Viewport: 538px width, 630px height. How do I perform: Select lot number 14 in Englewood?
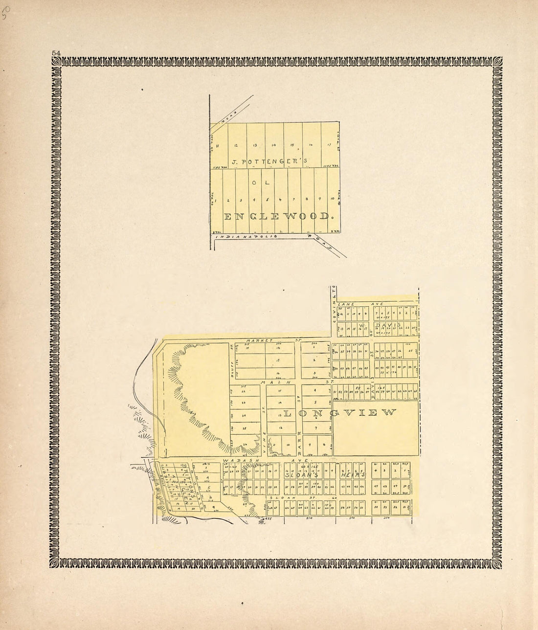[274, 145]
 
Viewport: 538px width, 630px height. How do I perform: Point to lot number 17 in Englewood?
[329, 145]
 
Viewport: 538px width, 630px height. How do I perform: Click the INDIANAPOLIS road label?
[247, 236]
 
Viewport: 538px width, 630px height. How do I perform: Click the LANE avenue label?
[347, 304]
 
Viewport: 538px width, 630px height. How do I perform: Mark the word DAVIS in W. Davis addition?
[388, 325]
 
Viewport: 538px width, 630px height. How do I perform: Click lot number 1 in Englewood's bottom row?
[216, 200]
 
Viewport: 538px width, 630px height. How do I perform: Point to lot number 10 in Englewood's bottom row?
[332, 199]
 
